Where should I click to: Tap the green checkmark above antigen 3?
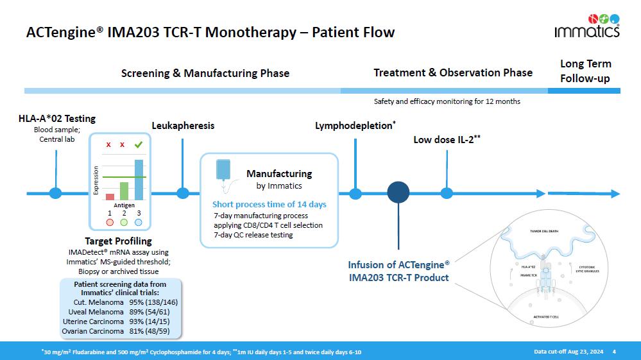tap(138, 145)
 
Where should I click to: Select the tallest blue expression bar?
tap(139, 180)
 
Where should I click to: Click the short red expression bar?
tap(110, 196)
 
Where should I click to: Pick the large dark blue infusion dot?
tap(398, 192)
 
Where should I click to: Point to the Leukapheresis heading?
tap(183, 126)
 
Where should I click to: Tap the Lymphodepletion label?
tap(355, 126)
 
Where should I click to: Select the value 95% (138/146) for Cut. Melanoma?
tap(153, 302)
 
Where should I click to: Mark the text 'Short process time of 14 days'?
tap(269, 204)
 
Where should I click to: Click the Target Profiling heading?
tap(119, 241)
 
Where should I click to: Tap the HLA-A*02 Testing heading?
tap(57, 118)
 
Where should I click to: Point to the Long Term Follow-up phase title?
tap(585, 71)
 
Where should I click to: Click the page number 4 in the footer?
tap(614, 351)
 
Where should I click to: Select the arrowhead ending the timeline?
tap(615, 193)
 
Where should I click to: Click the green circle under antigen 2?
tap(124, 222)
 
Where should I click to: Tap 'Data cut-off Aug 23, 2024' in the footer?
tap(568, 351)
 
